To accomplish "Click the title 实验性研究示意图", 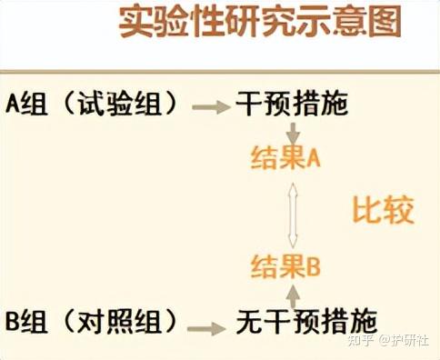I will (259, 23).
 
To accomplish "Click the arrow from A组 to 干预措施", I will (210, 105).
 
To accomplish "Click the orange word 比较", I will (383, 211).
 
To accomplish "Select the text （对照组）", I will (120, 323).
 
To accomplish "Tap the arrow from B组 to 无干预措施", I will (210, 325).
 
